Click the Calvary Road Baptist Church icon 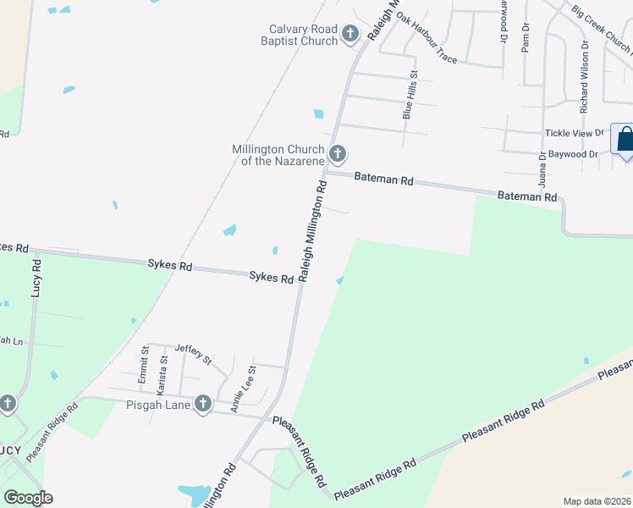[350, 35]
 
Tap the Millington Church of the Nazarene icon [338, 154]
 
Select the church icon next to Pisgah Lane [203, 405]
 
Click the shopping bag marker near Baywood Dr [625, 140]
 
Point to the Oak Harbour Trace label [427, 40]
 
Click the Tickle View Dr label [575, 133]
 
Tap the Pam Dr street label [526, 37]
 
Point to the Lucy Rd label [36, 277]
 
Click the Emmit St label [144, 362]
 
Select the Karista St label [163, 371]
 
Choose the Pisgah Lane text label [161, 405]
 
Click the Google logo [28, 498]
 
